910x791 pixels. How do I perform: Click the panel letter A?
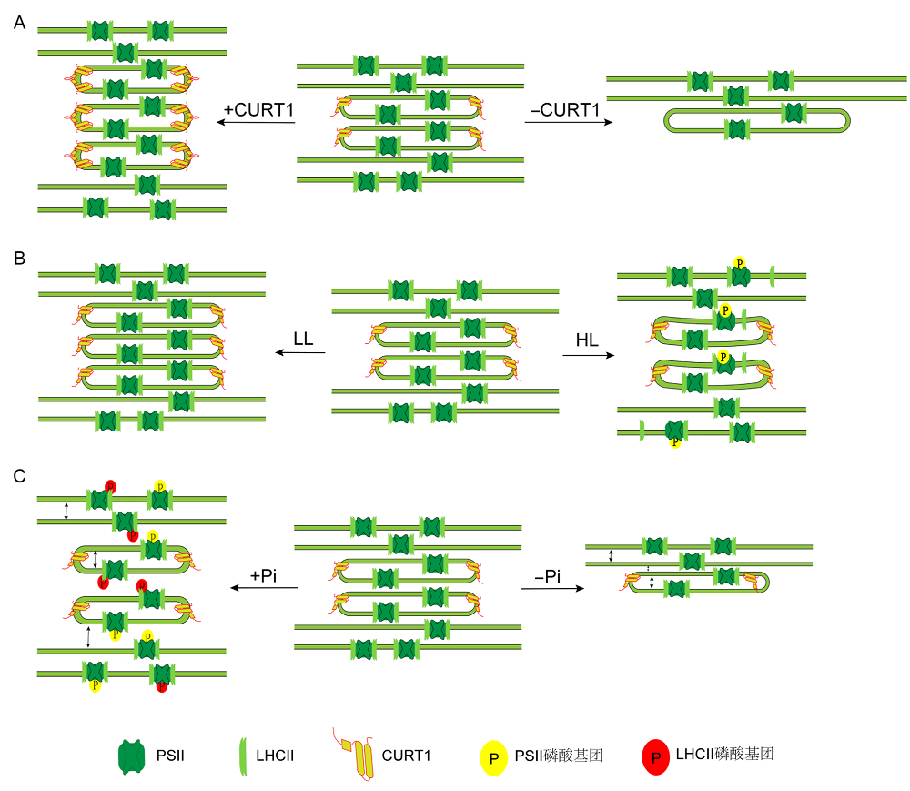point(20,23)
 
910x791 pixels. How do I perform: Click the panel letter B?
point(19,259)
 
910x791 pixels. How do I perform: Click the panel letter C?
point(19,476)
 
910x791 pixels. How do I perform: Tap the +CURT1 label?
point(258,109)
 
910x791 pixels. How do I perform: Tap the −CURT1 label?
point(565,109)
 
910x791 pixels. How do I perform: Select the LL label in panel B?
point(303,339)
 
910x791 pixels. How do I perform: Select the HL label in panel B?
point(587,340)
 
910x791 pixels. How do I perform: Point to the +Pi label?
point(264,575)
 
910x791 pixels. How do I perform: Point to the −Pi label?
point(548,576)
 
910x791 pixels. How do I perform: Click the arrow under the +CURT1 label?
point(256,122)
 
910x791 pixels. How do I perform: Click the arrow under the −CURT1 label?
point(569,122)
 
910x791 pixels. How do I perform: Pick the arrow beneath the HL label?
point(589,355)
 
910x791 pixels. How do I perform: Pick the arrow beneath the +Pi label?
point(265,587)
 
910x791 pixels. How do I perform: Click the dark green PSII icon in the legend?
point(132,756)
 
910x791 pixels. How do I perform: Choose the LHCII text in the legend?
point(275,756)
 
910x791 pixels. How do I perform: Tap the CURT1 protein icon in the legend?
point(354,755)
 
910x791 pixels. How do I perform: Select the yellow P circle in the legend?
point(494,758)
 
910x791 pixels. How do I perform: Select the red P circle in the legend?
point(656,757)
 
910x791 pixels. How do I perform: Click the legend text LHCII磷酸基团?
point(725,755)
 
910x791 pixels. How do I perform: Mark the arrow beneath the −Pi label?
point(553,588)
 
